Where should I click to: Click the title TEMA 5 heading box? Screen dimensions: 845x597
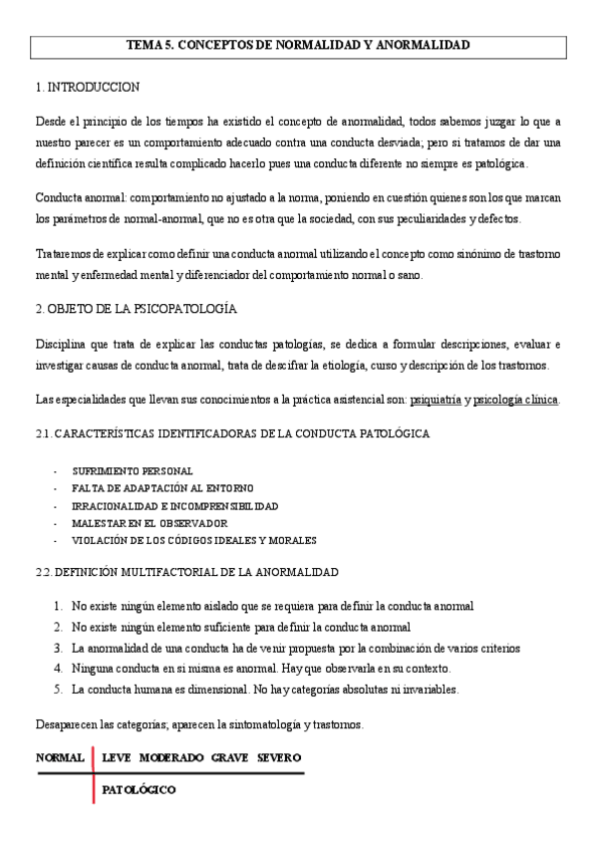tap(298, 46)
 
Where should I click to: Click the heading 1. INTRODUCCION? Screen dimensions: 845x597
tap(88, 88)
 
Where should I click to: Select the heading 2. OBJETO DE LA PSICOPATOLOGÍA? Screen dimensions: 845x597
tap(135, 311)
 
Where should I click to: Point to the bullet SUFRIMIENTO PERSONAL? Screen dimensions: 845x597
tap(133, 470)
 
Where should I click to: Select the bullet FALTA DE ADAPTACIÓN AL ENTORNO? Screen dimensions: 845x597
tap(162, 488)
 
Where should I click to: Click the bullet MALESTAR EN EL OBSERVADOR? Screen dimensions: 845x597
tap(149, 523)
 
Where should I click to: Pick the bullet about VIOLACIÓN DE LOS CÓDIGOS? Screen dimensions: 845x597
tap(193, 540)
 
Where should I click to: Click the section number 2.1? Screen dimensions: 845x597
tap(43, 434)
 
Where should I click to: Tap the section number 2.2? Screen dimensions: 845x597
tap(43, 572)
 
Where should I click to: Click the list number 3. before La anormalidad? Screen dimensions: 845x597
tap(59, 648)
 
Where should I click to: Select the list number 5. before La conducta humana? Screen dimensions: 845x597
tap(59, 689)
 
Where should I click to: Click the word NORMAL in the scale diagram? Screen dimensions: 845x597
tap(60, 758)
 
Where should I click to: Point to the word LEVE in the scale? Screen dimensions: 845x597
tap(117, 758)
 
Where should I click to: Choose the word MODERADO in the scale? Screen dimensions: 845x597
tap(171, 758)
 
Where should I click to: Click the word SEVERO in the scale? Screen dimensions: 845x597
tap(279, 758)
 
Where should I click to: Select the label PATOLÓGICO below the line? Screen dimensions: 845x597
tap(139, 790)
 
